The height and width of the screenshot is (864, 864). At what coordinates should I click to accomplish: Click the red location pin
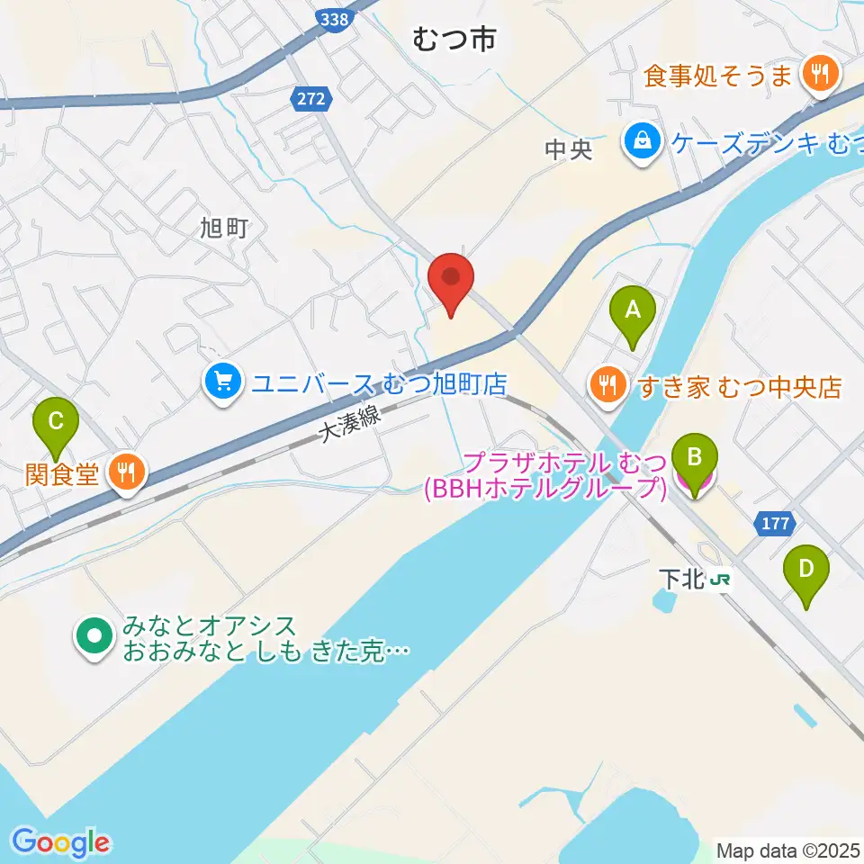coord(451,283)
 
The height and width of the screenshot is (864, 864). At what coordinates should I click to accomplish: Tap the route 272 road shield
coord(310,100)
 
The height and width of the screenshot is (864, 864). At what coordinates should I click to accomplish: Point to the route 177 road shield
coord(775,524)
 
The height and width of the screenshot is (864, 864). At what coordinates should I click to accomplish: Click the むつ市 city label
coord(454,39)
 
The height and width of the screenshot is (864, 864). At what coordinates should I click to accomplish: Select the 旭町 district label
coord(224,228)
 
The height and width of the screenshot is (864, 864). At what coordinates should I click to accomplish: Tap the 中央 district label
coord(569,149)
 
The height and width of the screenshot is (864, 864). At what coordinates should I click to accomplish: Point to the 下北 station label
coord(680,580)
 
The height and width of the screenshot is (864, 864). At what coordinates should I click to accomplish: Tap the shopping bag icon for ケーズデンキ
coord(643,140)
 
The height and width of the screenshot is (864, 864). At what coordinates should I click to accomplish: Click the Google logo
coord(61,841)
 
